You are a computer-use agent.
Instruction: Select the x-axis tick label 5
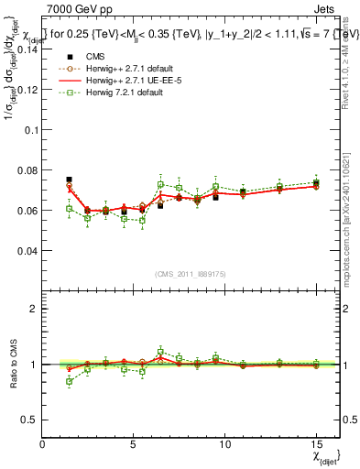pyautogui.click(x=134, y=443)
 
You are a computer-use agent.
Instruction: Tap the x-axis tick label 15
pyautogui.click(x=315, y=443)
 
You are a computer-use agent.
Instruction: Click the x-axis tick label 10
pyautogui.click(x=224, y=443)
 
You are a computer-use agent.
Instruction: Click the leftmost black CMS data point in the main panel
pyautogui.click(x=69, y=180)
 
